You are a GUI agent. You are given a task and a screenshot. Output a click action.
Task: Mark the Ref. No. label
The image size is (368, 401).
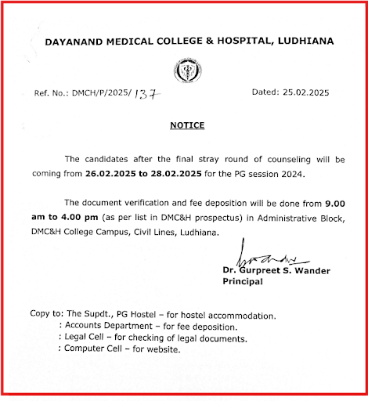tap(53, 92)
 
